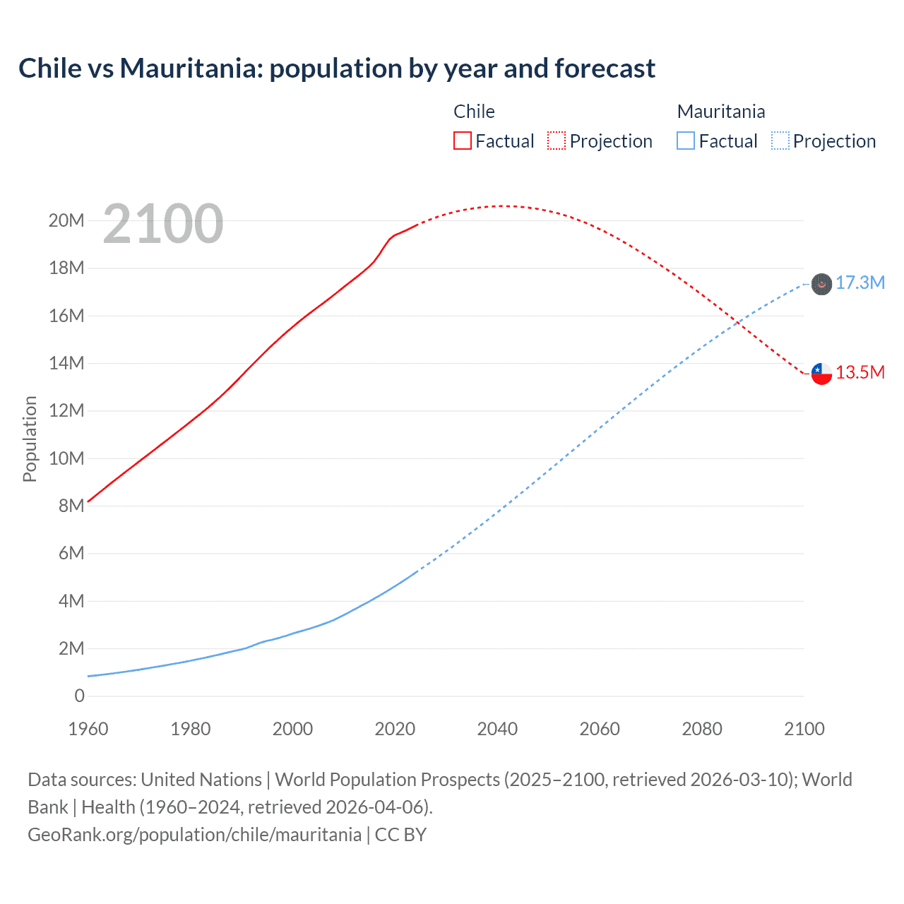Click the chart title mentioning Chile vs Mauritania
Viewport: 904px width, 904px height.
336,69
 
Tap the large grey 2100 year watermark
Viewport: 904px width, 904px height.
163,224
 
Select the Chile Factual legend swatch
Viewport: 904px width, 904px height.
462,141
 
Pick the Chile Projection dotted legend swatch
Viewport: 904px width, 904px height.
557,141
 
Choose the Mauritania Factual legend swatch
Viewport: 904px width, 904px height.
686,141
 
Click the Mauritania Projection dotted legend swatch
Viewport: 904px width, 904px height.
780,141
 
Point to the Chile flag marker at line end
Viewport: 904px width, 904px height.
821,373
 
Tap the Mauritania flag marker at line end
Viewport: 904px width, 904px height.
821,284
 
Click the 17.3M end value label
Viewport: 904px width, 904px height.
860,283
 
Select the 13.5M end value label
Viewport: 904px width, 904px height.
860,373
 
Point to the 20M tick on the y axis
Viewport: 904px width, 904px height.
66,220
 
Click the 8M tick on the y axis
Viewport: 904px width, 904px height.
71,506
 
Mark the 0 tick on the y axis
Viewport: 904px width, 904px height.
79,696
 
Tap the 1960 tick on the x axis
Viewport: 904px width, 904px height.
88,729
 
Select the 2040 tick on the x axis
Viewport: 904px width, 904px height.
497,729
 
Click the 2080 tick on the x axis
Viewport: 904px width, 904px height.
702,729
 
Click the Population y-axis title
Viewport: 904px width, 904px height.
30,439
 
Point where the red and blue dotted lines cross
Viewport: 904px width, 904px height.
737,322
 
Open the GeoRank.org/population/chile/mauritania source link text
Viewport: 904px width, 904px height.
194,835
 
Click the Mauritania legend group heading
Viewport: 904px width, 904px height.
720,112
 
